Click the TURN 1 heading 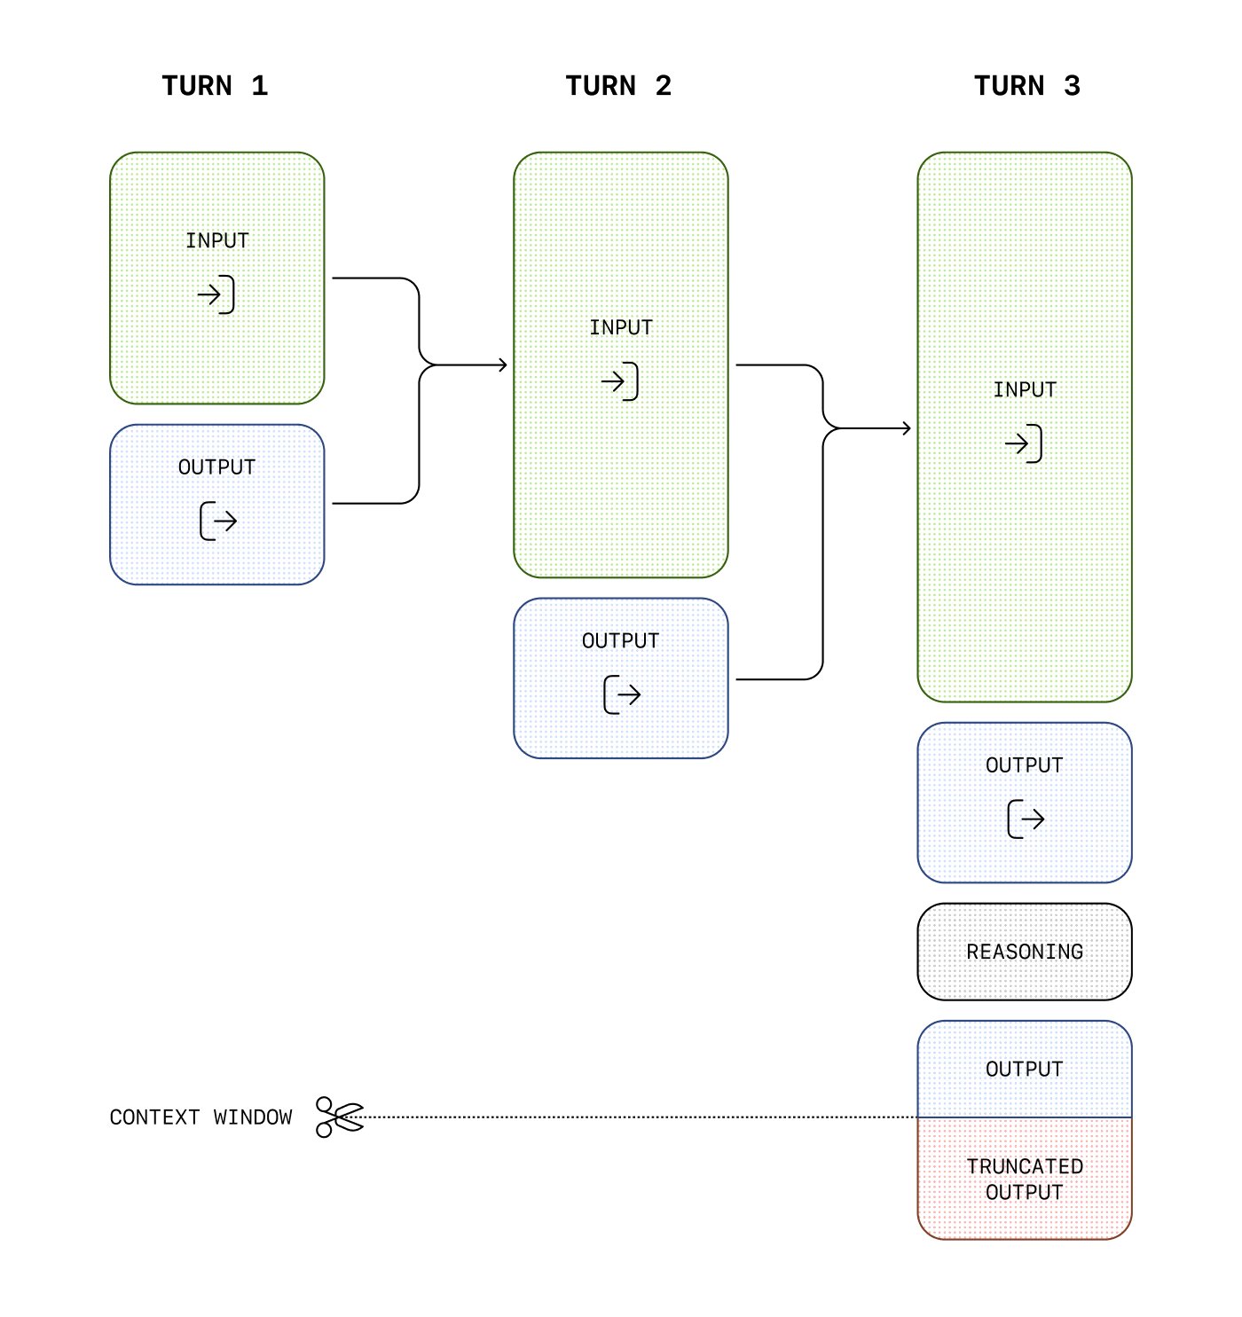tap(215, 86)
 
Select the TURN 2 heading tap(618, 86)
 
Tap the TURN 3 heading tap(1026, 86)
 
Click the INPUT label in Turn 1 tap(217, 240)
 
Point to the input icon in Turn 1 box tap(216, 294)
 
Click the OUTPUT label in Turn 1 tap(217, 467)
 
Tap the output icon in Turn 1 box tap(218, 521)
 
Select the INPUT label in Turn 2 tap(621, 327)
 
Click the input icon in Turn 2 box tap(620, 381)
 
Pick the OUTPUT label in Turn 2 tap(621, 641)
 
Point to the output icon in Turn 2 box tap(622, 694)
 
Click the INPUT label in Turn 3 tap(1025, 389)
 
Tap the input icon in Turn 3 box tap(1024, 443)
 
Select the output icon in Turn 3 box tap(1026, 819)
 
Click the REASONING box tap(1025, 952)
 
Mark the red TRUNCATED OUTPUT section tap(1025, 1179)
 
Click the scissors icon tap(340, 1117)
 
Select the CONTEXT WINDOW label tap(200, 1117)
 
